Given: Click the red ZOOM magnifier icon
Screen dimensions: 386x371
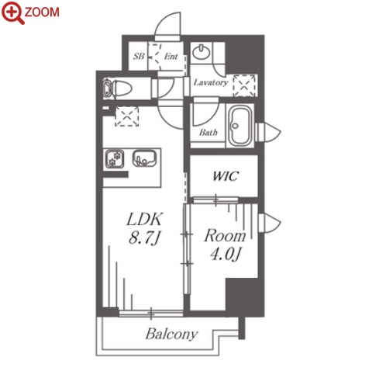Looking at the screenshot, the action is click(12, 12).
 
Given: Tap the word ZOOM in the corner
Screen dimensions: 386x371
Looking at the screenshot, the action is click(42, 12).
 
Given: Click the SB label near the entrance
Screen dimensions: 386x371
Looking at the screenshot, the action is click(139, 56).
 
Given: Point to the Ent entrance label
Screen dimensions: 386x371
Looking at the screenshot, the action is click(171, 56).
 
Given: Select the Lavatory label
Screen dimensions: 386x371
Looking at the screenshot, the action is click(211, 82).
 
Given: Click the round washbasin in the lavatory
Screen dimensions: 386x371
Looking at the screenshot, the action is click(202, 52).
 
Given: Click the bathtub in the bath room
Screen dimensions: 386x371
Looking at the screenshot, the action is click(241, 126).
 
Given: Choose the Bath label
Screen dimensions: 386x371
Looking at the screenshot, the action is click(209, 133).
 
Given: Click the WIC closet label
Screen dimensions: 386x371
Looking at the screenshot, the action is click(226, 176).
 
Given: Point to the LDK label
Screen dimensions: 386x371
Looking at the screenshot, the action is click(145, 220).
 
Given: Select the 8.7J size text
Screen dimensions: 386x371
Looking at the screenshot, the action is click(145, 238).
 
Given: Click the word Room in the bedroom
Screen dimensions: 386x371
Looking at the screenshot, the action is click(225, 236).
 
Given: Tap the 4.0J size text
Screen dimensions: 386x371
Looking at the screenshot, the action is click(226, 254).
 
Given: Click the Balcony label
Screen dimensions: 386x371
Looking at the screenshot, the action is click(171, 334).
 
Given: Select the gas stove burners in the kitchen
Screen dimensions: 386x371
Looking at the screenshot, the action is click(115, 159).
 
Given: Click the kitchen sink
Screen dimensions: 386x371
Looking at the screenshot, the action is click(144, 158).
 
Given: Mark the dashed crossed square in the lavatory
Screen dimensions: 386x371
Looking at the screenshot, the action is click(244, 86).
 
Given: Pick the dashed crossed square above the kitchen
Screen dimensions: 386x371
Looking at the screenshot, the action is click(126, 116).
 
